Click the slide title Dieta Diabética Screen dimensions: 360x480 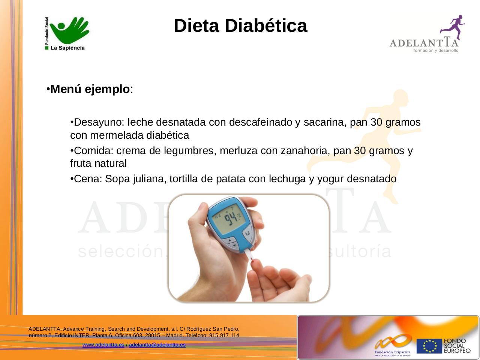pos(240,26)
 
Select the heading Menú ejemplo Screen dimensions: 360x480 pos(90,90)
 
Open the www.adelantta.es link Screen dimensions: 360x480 pos(103,345)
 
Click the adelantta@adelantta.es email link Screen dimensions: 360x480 pos(157,345)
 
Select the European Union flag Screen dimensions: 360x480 pos(429,346)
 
